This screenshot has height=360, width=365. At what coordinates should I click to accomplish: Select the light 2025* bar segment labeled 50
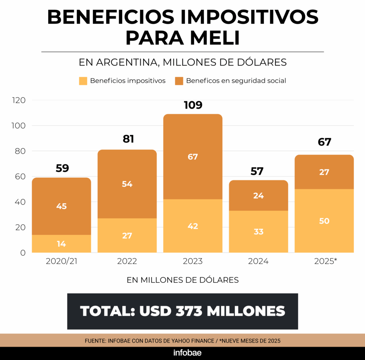tap(324, 221)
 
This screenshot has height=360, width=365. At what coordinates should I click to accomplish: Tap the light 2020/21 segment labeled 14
tap(61, 244)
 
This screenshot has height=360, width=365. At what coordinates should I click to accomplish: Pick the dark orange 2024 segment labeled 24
tap(258, 195)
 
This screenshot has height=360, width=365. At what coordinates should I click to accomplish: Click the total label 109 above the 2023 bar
tap(193, 105)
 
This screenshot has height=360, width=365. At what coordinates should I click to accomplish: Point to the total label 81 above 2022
tap(128, 139)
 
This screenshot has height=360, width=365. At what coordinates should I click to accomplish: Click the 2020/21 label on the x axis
tap(62, 261)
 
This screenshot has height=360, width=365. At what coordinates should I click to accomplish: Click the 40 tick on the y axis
tap(20, 202)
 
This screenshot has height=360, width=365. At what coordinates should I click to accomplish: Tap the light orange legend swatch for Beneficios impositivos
tap(83, 81)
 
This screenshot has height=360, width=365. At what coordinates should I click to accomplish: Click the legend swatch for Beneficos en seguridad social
tap(179, 81)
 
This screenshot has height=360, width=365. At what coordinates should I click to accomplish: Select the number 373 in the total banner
tap(189, 311)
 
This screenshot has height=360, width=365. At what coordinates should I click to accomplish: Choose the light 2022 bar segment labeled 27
tap(127, 235)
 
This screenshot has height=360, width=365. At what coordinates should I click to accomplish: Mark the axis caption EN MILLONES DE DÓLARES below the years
tap(182, 280)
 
